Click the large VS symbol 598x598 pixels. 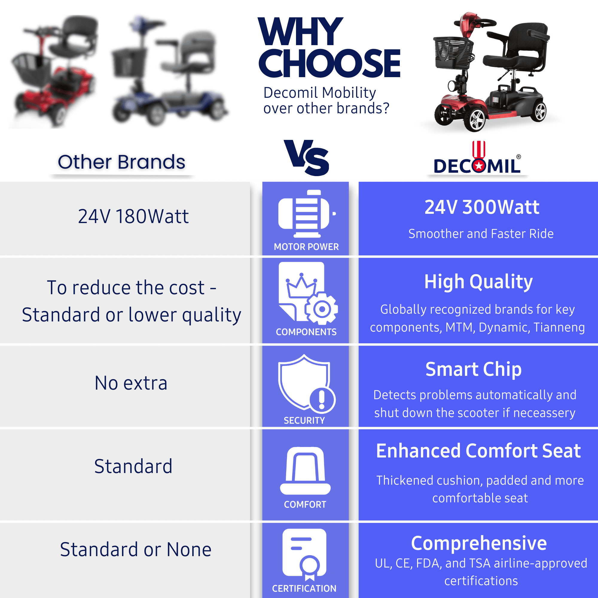(306, 158)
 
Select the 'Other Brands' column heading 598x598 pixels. (121, 162)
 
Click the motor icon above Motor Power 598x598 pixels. (307, 213)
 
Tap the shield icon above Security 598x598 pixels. (307, 384)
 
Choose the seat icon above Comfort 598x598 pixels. (305, 470)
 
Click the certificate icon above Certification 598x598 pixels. (305, 554)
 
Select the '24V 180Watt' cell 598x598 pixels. (133, 216)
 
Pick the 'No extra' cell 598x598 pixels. (131, 383)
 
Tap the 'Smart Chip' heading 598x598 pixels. (474, 369)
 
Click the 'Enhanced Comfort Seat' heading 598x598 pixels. (478, 451)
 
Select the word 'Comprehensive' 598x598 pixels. (479, 544)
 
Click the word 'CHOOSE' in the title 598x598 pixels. (329, 63)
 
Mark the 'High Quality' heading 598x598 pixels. (478, 282)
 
